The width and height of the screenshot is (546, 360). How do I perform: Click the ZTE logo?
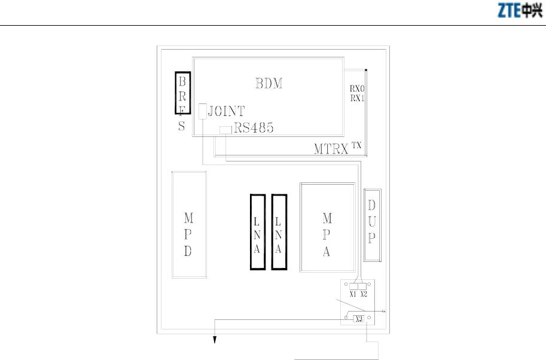(x=520, y=10)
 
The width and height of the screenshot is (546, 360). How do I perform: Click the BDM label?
(x=269, y=84)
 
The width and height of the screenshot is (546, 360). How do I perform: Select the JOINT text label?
(x=226, y=111)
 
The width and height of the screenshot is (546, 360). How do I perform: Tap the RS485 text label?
(x=254, y=128)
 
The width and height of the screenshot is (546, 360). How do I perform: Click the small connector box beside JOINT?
(x=203, y=111)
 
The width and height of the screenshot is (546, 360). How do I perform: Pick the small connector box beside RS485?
(x=225, y=130)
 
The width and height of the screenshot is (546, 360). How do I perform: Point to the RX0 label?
(x=357, y=89)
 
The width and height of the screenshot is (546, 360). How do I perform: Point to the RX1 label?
(x=357, y=98)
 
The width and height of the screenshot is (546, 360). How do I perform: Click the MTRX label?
(x=331, y=149)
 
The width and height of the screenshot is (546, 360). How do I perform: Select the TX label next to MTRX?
(x=356, y=145)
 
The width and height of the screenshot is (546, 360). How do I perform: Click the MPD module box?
(x=189, y=225)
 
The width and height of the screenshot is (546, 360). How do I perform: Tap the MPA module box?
(x=328, y=227)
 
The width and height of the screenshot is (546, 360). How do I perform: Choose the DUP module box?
(x=372, y=225)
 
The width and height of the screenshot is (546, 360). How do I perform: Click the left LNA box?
(x=258, y=232)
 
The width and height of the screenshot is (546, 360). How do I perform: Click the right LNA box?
(x=279, y=232)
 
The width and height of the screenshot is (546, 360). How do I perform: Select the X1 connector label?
(x=353, y=294)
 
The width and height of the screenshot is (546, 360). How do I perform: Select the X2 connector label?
(x=364, y=294)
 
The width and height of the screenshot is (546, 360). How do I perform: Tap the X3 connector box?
(x=359, y=319)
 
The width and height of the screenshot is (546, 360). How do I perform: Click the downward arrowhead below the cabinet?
(x=215, y=340)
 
